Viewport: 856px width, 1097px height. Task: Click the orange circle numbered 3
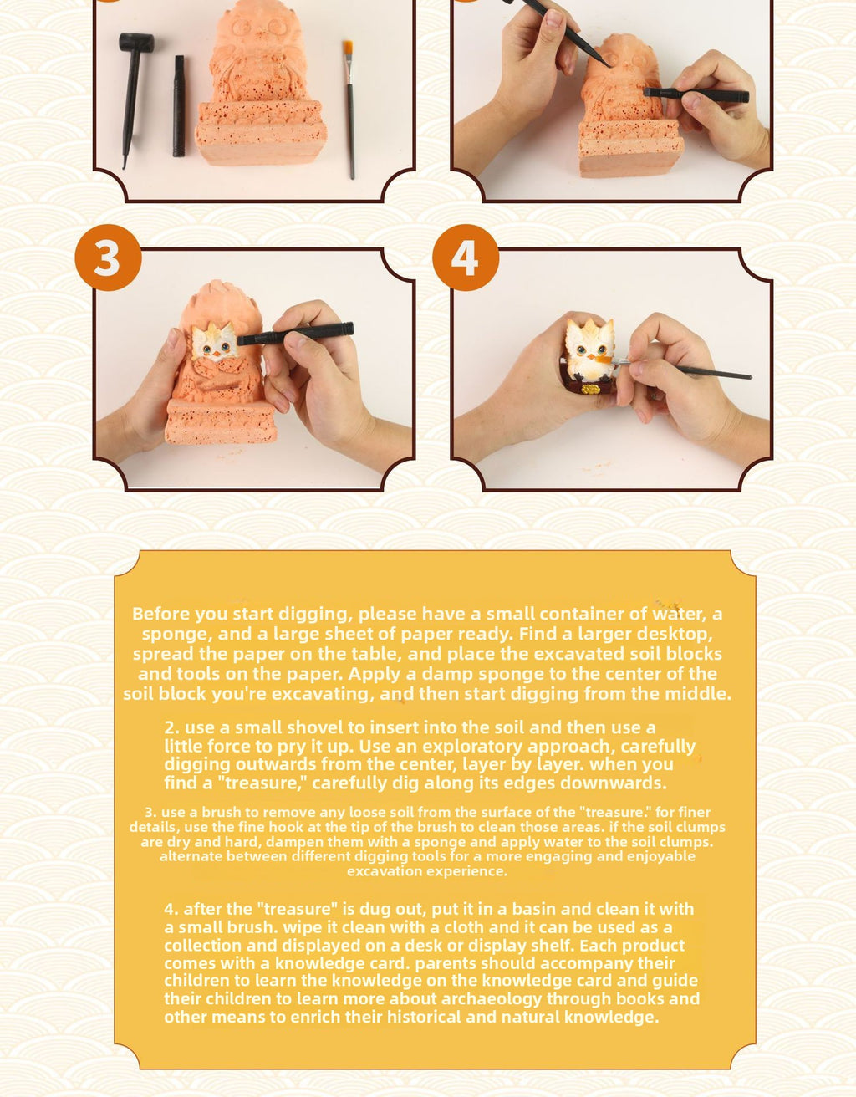[108, 258]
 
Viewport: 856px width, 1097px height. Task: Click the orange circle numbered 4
[466, 258]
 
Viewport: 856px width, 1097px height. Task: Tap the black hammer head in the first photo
[136, 42]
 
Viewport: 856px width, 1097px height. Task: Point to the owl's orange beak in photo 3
[217, 354]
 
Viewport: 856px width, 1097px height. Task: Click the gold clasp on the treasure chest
[588, 390]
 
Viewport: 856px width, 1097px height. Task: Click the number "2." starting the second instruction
[171, 727]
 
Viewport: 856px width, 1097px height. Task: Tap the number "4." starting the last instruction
[171, 909]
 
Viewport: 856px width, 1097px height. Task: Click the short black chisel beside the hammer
[179, 105]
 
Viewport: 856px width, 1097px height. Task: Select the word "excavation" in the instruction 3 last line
[393, 871]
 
